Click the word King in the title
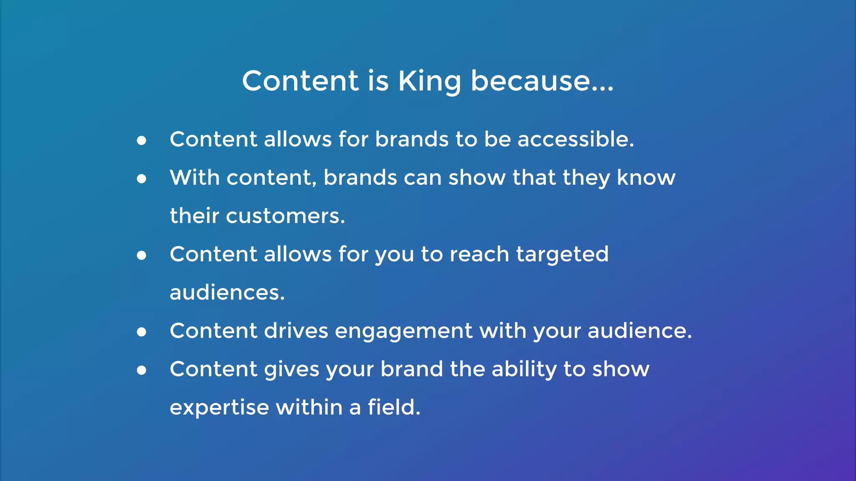coord(429,81)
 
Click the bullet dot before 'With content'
coord(142,179)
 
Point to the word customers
coord(285,216)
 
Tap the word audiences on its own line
coord(227,293)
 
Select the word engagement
coord(403,331)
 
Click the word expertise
coord(219,408)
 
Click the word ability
coord(524,369)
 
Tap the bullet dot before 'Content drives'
coord(142,332)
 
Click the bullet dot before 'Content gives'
coord(142,370)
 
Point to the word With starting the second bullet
coord(194,177)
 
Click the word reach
coord(479,254)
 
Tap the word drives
coord(296,331)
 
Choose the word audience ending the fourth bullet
coord(639,331)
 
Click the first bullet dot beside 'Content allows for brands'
coord(142,140)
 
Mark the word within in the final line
coord(309,407)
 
